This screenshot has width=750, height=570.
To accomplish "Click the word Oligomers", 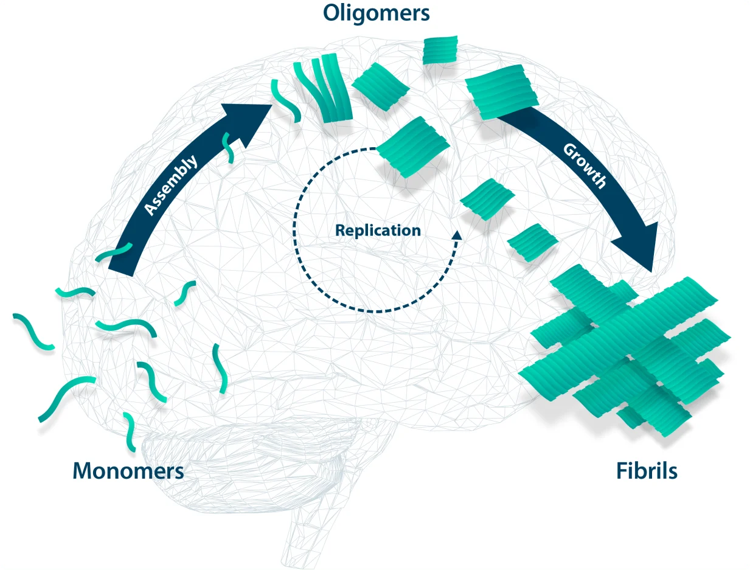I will coord(377,13).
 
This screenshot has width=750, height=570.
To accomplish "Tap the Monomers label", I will coord(128,470).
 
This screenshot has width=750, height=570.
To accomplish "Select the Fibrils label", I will coord(647,471).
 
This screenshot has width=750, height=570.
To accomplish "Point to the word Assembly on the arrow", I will coord(171,185).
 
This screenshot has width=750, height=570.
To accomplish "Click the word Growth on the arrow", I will coord(585,165).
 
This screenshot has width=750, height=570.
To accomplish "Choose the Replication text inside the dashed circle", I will coord(378,231).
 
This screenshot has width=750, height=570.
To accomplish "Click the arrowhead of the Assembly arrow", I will coord(249,122).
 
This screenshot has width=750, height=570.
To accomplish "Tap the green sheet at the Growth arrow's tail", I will coord(501,91).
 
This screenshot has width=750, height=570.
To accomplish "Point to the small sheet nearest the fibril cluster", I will coord(532,243).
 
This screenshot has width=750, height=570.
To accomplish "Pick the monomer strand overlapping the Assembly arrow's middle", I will coord(229,147).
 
